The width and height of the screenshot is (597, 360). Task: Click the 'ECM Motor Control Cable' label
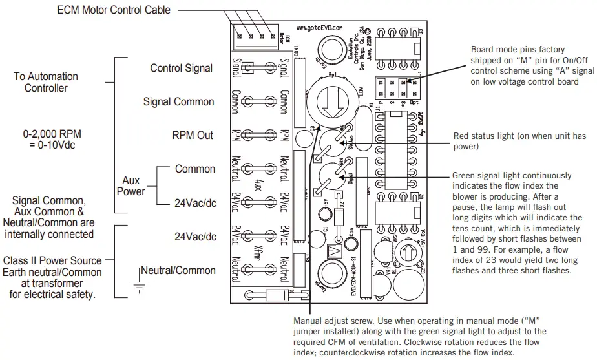click(x=114, y=10)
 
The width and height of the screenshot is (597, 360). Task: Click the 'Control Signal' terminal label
click(x=181, y=68)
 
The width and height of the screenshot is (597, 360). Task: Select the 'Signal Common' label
click(x=178, y=101)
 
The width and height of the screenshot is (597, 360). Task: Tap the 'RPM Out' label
click(x=193, y=135)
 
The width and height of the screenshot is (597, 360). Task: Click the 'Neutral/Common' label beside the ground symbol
click(x=178, y=270)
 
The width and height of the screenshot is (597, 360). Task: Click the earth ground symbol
click(x=138, y=282)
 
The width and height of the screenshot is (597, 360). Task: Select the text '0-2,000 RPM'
click(x=52, y=134)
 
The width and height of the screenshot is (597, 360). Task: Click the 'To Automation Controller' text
click(x=46, y=82)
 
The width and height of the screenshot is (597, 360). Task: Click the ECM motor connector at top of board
click(x=257, y=37)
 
